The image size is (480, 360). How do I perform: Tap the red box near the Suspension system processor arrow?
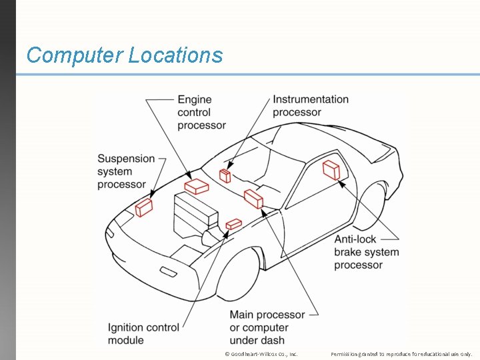click(x=144, y=208)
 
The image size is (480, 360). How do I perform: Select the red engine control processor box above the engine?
click(x=197, y=186)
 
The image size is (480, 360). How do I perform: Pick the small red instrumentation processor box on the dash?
click(x=225, y=175)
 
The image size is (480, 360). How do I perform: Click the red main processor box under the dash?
click(x=253, y=198)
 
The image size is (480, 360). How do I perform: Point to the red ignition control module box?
click(x=233, y=224)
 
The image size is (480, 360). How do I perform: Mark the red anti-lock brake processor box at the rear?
click(x=331, y=169)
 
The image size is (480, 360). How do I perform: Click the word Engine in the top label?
click(x=194, y=100)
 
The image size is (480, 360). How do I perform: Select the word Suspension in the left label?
click(x=125, y=159)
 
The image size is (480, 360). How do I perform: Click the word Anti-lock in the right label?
click(x=355, y=239)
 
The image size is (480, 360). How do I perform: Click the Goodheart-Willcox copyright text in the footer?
click(x=261, y=354)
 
